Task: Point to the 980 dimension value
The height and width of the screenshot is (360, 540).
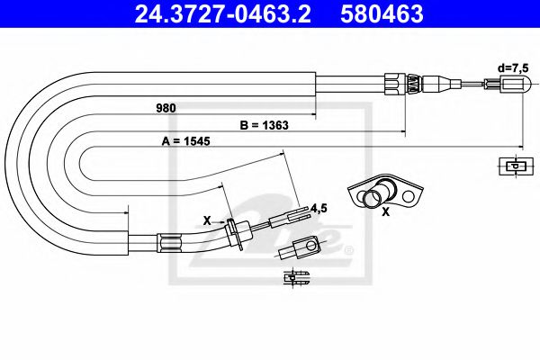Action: pos(164,108)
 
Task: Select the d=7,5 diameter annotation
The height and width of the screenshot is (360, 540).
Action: pos(515,67)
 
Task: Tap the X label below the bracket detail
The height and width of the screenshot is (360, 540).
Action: pos(386,212)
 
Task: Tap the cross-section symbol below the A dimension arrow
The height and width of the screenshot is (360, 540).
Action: pos(513,166)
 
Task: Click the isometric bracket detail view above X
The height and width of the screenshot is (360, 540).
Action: pos(384,192)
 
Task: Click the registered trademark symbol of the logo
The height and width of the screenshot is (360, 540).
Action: pos(352,248)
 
